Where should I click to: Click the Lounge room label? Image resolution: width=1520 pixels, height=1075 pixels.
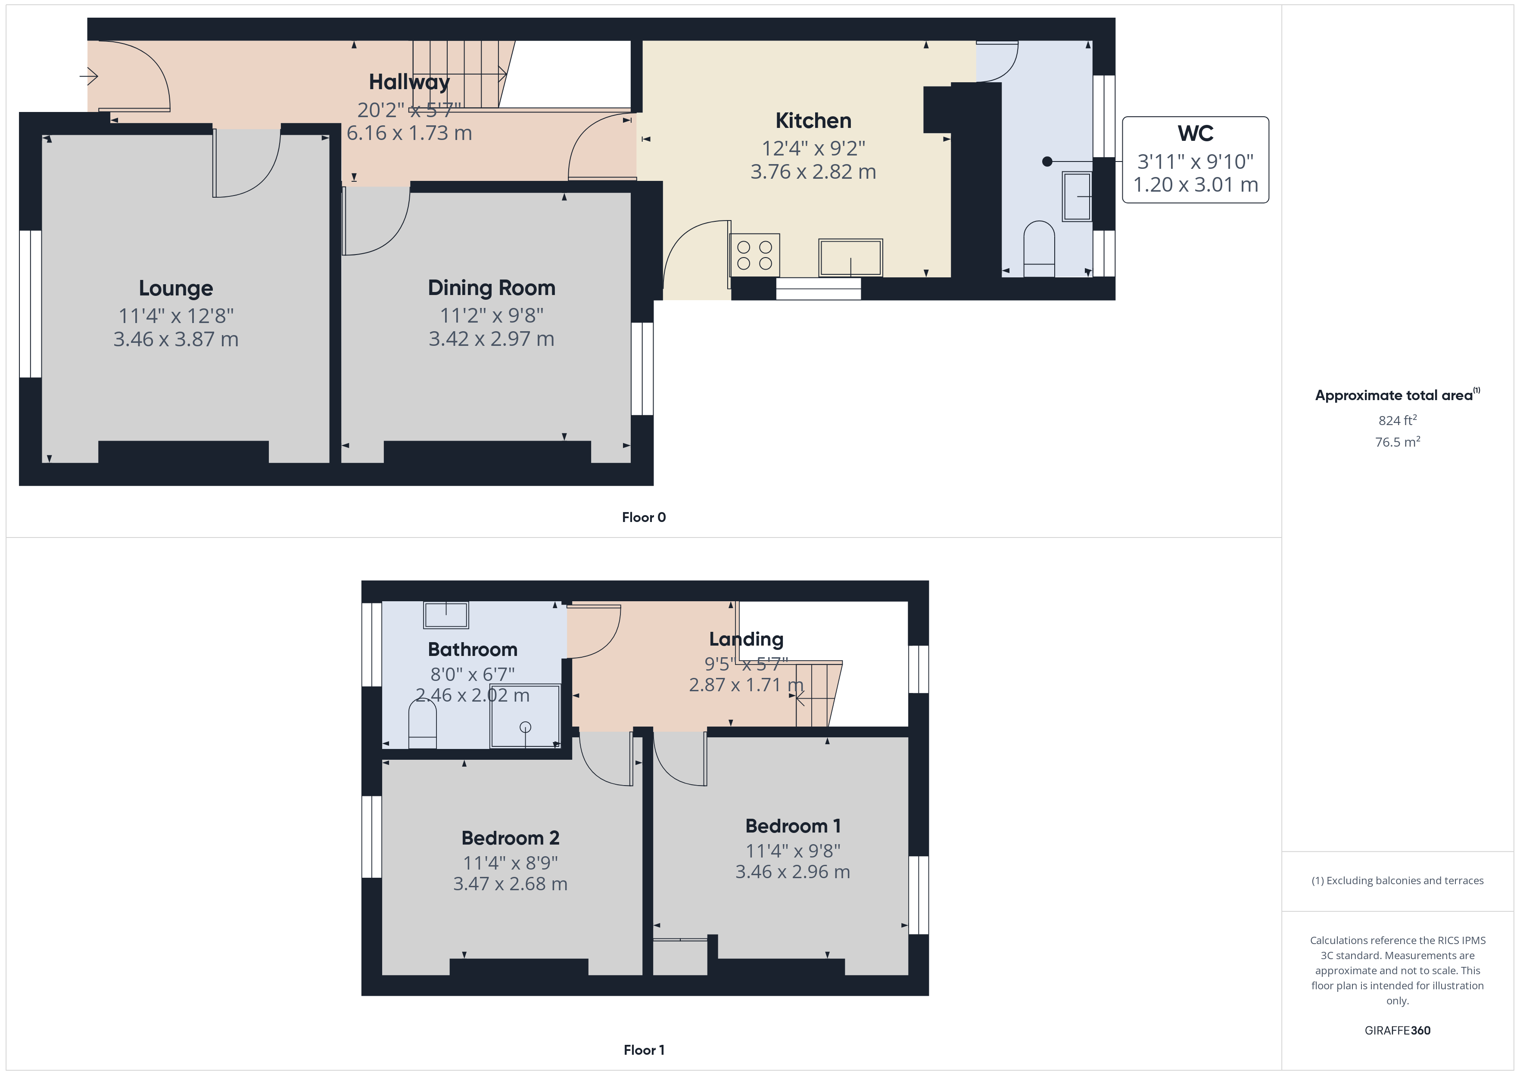(x=175, y=289)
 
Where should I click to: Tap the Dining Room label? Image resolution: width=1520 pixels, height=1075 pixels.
(x=491, y=288)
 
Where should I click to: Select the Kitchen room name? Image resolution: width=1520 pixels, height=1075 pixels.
(x=813, y=121)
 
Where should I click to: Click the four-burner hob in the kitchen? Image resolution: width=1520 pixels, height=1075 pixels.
(x=755, y=255)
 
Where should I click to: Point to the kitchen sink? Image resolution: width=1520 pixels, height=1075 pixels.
(x=851, y=258)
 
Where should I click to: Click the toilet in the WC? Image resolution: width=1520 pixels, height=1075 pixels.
(x=1039, y=249)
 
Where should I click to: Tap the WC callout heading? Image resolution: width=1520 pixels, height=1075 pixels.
(x=1195, y=134)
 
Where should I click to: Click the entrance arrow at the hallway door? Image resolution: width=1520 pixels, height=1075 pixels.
(x=89, y=76)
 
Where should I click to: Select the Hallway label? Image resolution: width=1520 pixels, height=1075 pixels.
(x=409, y=82)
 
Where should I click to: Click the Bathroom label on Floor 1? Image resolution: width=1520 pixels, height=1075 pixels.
(x=473, y=649)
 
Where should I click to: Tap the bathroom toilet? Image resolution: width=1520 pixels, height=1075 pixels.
(x=422, y=724)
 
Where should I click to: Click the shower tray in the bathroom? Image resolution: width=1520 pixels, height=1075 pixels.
(x=525, y=715)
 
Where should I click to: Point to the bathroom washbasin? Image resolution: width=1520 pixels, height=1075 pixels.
(x=446, y=615)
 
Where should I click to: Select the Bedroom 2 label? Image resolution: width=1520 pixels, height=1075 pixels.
(x=511, y=838)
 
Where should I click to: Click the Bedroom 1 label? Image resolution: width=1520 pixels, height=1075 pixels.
(x=793, y=826)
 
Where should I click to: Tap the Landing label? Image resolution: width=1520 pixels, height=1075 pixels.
(x=746, y=640)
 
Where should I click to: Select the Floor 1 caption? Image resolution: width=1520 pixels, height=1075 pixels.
(x=644, y=1050)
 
